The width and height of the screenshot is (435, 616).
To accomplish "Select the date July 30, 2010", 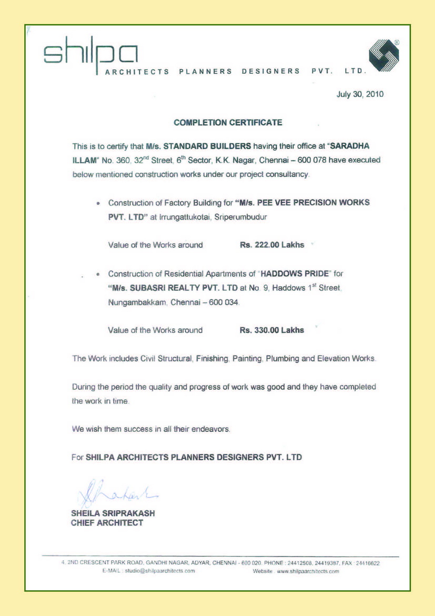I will pyautogui.click(x=360, y=95).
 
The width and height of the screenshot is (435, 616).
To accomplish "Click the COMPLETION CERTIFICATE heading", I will pyautogui.click(x=228, y=123).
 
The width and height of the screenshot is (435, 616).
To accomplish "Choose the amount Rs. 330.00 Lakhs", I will pyautogui.click(x=271, y=330).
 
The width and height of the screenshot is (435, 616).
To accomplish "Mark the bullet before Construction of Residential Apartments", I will pyautogui.click(x=98, y=274).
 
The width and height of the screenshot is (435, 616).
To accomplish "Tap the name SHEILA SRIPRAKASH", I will pyautogui.click(x=113, y=513).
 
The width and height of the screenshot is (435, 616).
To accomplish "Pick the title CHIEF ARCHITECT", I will pyautogui.click(x=107, y=523).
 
